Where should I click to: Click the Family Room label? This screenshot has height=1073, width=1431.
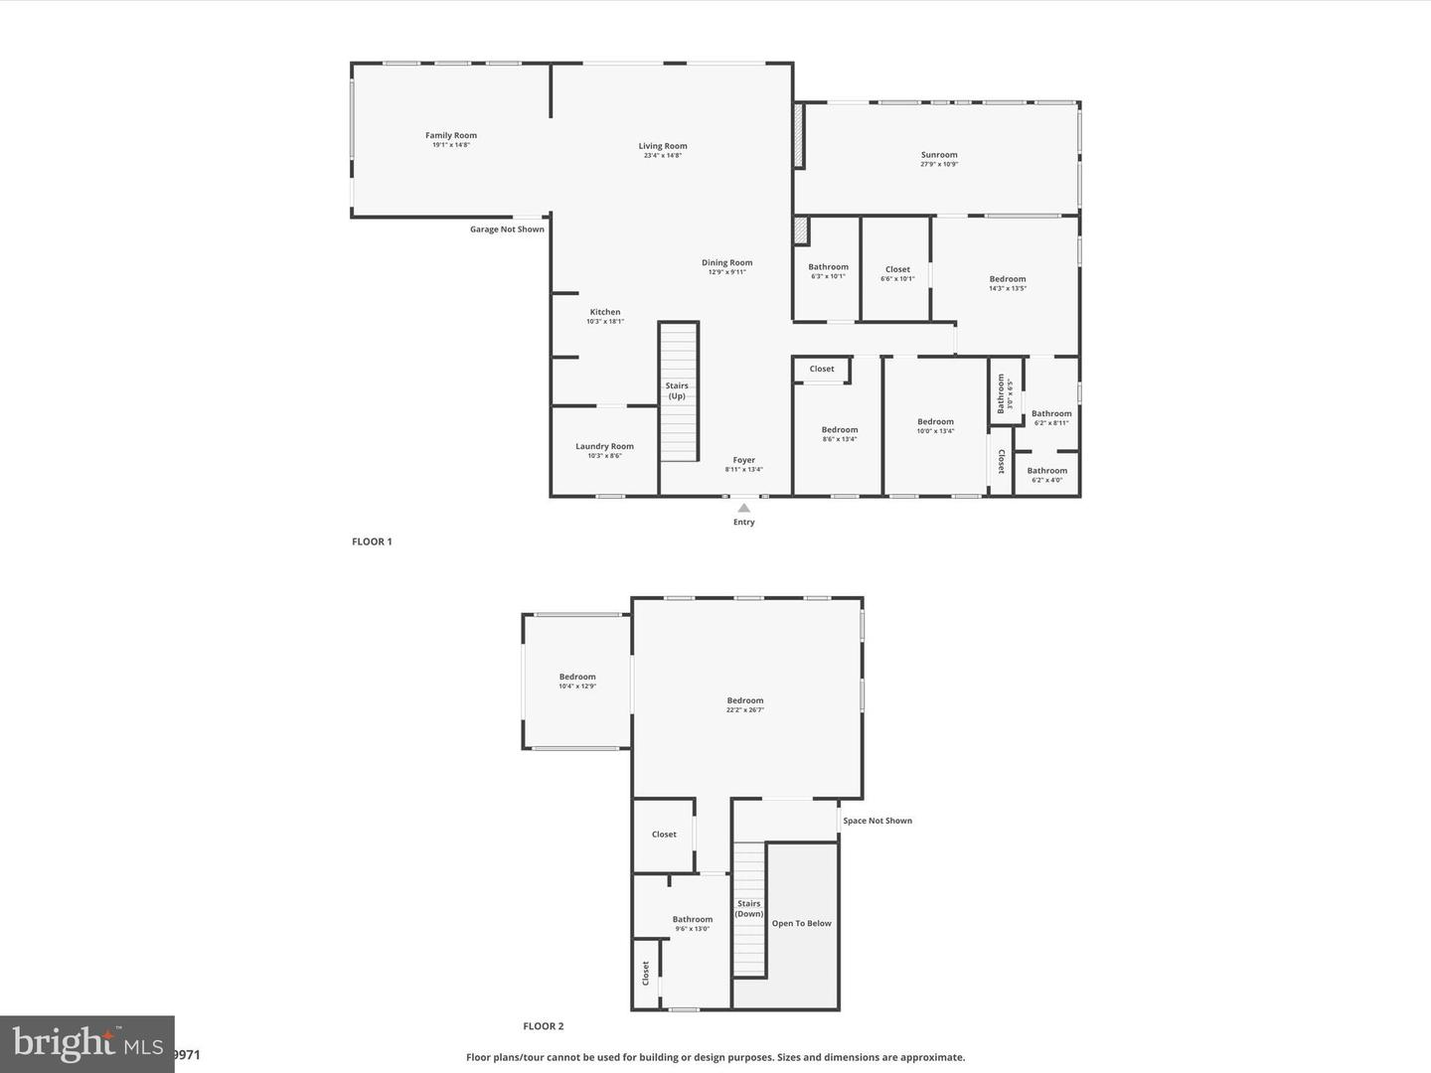[x=451, y=136]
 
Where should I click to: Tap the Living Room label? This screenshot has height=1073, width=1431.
[x=663, y=147]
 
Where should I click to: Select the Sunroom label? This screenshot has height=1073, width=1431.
[x=939, y=155]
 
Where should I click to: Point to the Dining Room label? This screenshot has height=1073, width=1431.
[x=727, y=263]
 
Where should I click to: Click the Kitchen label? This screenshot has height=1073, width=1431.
[x=605, y=313]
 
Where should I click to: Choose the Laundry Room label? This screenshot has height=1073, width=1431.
[x=604, y=447]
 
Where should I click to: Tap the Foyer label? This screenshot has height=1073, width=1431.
[x=744, y=461]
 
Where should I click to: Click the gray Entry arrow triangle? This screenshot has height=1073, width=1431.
[x=744, y=508]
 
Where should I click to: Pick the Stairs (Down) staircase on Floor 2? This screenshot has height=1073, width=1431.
[x=749, y=910]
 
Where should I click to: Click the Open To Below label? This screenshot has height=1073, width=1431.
[x=802, y=924]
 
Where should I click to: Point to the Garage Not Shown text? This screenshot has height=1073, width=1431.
[x=507, y=230]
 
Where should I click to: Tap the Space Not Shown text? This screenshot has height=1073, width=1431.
[x=877, y=821]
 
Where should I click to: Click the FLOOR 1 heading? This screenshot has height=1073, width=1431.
[x=372, y=541]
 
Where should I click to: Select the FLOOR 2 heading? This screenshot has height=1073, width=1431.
[x=544, y=1026]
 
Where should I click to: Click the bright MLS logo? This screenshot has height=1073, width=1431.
[x=87, y=1043]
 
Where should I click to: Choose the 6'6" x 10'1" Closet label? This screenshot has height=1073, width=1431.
[x=897, y=270]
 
